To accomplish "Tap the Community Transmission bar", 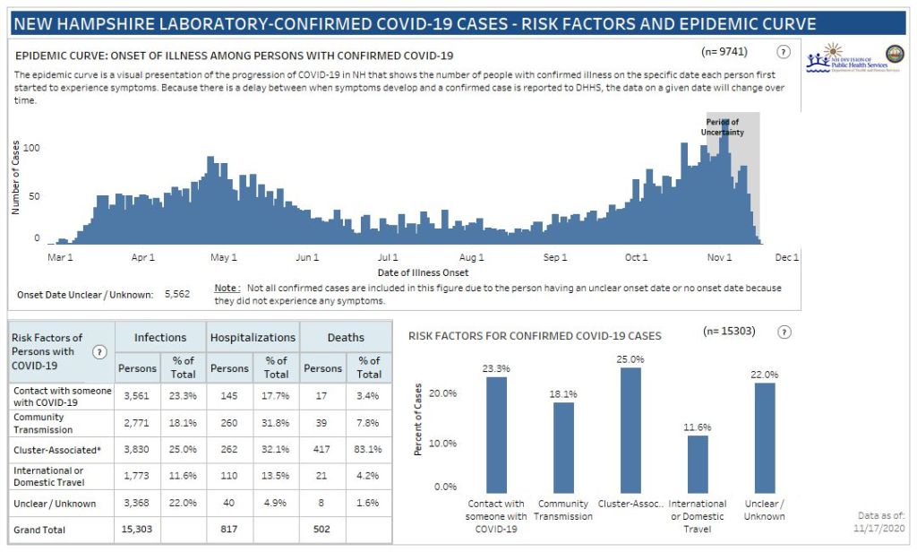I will click(564, 444).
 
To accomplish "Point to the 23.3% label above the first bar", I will click(497, 367).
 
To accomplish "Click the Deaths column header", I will click(346, 338).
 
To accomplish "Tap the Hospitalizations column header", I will click(253, 338).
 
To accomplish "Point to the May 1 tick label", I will click(223, 258).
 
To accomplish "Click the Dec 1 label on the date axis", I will click(786, 258).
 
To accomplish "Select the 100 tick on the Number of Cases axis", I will click(31, 146).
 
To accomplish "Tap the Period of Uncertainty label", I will click(722, 127).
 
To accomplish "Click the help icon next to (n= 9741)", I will click(784, 52).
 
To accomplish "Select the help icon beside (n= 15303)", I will click(784, 332).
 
